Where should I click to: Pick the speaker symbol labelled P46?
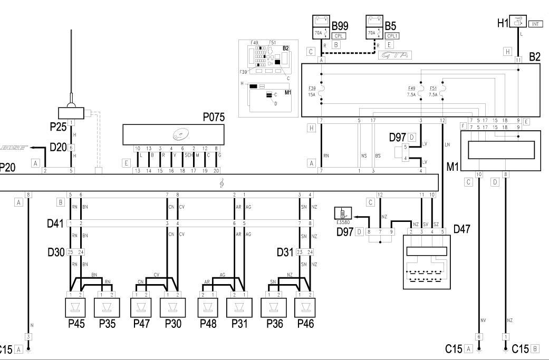tap(306, 307)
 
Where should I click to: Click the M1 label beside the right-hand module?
tap(451, 167)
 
